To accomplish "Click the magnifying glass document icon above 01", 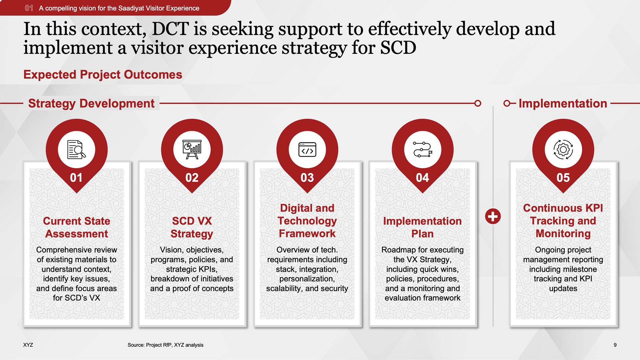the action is pyautogui.click(x=76, y=150).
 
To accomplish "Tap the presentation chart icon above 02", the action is pyautogui.click(x=192, y=150).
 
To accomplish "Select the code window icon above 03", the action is pyautogui.click(x=307, y=150).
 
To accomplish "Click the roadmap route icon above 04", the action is pyautogui.click(x=423, y=150).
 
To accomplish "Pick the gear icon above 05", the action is pyautogui.click(x=563, y=150).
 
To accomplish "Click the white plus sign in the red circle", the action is pyautogui.click(x=493, y=217).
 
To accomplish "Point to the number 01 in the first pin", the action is pyautogui.click(x=76, y=178).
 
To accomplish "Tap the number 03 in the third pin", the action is pyautogui.click(x=307, y=178).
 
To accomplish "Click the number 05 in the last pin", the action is pyautogui.click(x=563, y=178).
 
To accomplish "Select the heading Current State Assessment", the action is pyautogui.click(x=77, y=227).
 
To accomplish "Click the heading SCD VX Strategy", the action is pyautogui.click(x=192, y=227).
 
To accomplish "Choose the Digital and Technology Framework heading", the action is pyautogui.click(x=307, y=221).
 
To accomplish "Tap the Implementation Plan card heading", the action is pyautogui.click(x=423, y=227).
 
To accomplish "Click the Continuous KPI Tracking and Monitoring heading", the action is pyautogui.click(x=563, y=221).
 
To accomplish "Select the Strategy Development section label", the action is pyautogui.click(x=91, y=104).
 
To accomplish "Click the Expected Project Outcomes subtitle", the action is pyautogui.click(x=103, y=74).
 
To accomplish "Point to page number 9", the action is pyautogui.click(x=615, y=345).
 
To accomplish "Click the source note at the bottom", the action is pyautogui.click(x=165, y=345).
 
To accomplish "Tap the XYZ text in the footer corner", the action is pyautogui.click(x=28, y=345).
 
